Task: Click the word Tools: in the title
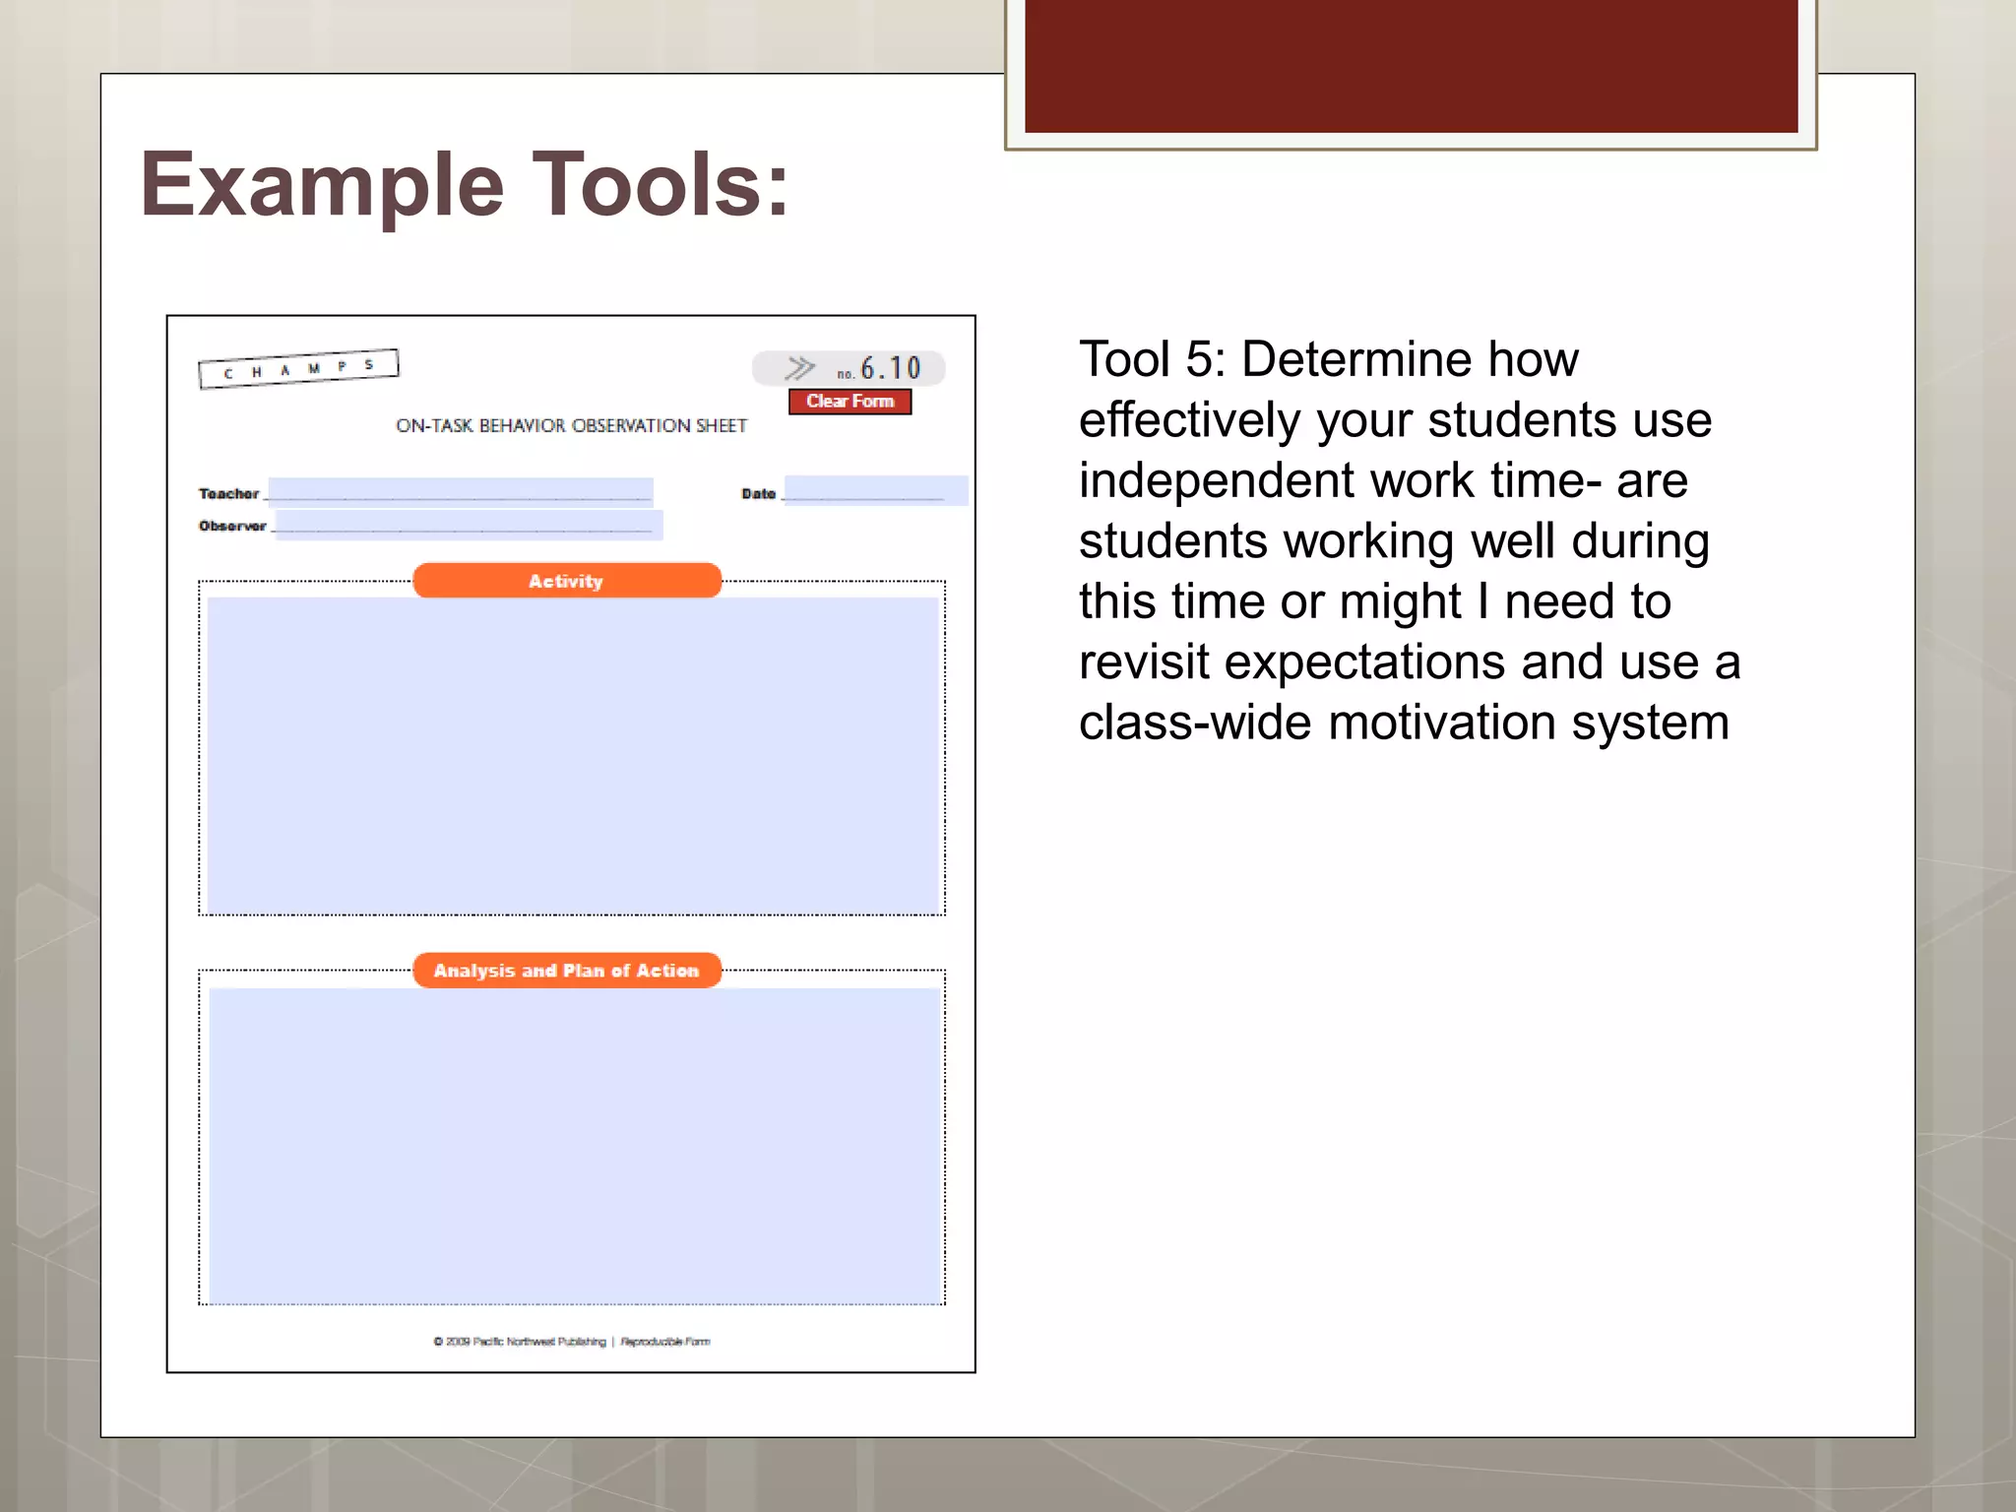tap(661, 185)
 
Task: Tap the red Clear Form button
tap(850, 402)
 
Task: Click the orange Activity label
tap(566, 581)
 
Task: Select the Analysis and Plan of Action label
tap(566, 971)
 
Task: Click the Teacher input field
tap(460, 490)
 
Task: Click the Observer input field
tap(469, 524)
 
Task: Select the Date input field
tap(874, 490)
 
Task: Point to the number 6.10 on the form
tap(890, 368)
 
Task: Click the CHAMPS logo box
tap(298, 369)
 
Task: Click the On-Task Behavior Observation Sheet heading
tap(571, 426)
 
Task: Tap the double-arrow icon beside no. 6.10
tap(799, 368)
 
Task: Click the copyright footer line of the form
tap(571, 1342)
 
